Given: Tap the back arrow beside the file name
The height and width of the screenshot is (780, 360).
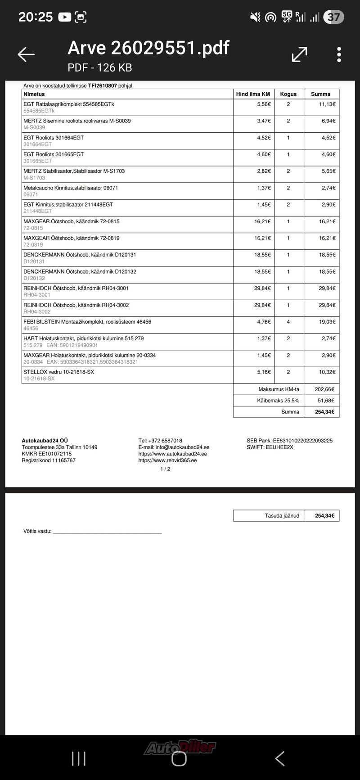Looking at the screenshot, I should tap(26, 54).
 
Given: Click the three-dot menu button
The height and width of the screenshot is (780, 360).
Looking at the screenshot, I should tap(339, 54).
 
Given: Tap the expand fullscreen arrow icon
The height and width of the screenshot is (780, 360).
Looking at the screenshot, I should tap(299, 54).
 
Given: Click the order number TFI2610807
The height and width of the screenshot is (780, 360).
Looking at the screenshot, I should tap(102, 86).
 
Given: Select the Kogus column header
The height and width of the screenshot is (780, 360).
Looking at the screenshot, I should tap(288, 94).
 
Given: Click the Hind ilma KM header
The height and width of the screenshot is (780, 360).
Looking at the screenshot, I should tap(253, 94).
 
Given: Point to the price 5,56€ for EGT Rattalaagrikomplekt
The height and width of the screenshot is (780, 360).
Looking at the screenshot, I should tap(264, 104).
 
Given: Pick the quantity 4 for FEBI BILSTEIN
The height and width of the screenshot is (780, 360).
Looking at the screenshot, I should tap(288, 322).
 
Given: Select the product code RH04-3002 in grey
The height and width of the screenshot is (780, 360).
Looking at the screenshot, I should tap(37, 311).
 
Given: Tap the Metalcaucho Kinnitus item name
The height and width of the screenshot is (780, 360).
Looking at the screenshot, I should tap(71, 188).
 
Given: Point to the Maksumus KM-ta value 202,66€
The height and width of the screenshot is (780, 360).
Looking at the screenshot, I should tap(324, 389).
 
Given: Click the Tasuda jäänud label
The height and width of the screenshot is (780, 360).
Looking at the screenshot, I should tap(282, 516).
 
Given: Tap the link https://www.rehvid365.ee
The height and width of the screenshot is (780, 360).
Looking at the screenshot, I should tap(167, 460).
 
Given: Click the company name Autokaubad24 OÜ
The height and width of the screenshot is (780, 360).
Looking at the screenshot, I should tap(45, 441).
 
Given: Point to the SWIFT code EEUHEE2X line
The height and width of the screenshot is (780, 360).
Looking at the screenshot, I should tap(270, 447).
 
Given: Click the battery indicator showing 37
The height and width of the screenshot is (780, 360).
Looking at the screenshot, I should tap(333, 17).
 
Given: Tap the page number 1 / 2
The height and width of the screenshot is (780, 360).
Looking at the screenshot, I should tap(165, 469).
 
